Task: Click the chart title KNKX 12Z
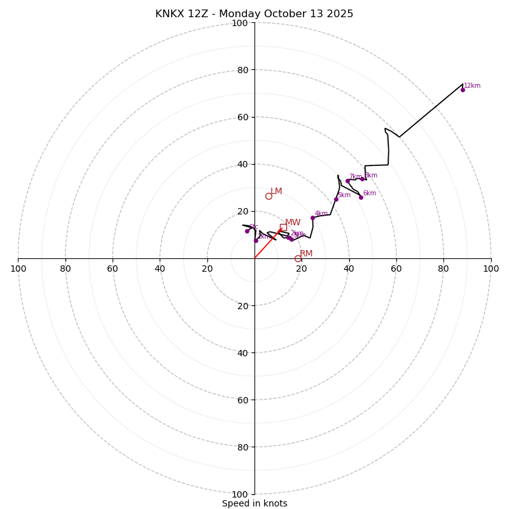tap(254, 14)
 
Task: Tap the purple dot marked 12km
tap(463, 90)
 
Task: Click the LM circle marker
tap(268, 196)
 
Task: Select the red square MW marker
tap(283, 227)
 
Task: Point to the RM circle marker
tap(298, 258)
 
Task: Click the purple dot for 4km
tap(312, 218)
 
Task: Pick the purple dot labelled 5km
tap(336, 199)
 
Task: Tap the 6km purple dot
tap(361, 197)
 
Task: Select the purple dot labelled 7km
tap(347, 181)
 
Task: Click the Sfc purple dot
tap(247, 231)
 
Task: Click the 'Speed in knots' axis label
tap(254, 503)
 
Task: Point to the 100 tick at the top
tap(240, 23)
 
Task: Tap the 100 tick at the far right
tap(491, 268)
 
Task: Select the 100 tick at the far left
tap(18, 268)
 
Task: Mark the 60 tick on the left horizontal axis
tap(113, 268)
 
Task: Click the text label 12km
tap(472, 85)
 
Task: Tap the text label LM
tap(276, 191)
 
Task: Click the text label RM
tap(306, 253)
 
